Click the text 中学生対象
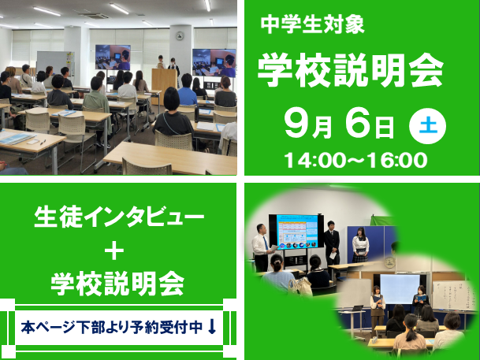312,24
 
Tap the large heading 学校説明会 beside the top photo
351,70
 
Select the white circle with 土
427,126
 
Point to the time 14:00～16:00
355,160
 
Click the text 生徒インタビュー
119,217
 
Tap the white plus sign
114,251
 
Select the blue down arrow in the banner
212,327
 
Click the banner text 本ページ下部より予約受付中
111,327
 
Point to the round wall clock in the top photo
180,35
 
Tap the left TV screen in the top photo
113,58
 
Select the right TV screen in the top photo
214,62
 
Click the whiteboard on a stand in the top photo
55,63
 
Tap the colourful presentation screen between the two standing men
297,232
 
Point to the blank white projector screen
400,289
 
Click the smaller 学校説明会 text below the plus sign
117,284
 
